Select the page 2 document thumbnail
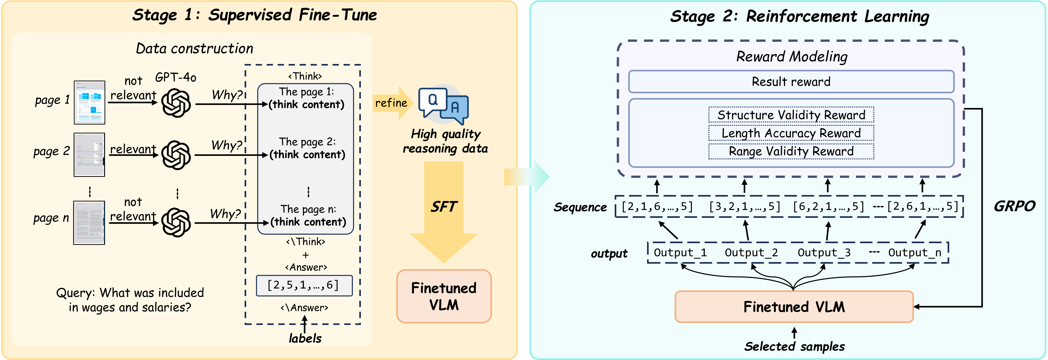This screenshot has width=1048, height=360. pos(89,155)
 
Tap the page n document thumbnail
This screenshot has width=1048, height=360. pos(89,222)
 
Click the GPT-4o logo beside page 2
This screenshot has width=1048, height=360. pos(176,155)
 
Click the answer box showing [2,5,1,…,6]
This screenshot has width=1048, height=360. pos(304,285)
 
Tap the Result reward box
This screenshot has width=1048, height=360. pos(791,82)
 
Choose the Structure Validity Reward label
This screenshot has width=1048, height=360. pos(791,115)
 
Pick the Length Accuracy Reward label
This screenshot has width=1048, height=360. pos(791,133)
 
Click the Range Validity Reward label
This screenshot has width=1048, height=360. pos(791,151)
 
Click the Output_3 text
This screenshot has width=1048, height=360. pos(824,253)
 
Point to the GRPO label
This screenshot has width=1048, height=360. pos(1014,206)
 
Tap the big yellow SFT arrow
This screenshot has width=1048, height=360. pos(444,212)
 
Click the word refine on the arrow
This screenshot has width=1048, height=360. pos(391,103)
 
